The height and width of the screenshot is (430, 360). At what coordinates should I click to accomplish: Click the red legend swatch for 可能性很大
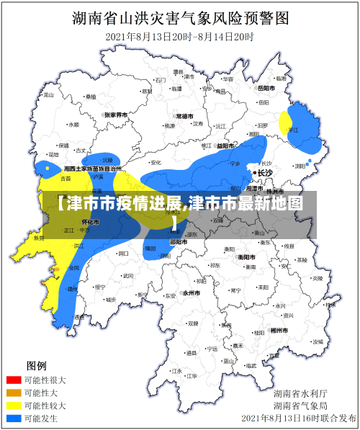tap(14, 380)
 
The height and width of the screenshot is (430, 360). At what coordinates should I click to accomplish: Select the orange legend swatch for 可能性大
tap(14, 393)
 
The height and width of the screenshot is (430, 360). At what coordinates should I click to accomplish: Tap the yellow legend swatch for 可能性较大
tap(14, 406)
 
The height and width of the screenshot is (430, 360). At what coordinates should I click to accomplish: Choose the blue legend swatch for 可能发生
tap(14, 418)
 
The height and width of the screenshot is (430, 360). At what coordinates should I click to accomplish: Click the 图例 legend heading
tap(37, 364)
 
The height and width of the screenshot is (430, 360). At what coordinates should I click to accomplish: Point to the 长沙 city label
tap(265, 173)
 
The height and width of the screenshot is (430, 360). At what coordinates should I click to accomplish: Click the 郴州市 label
tap(279, 329)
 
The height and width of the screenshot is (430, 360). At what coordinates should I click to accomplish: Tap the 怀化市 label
tap(91, 222)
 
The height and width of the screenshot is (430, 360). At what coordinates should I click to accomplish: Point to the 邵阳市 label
tap(178, 242)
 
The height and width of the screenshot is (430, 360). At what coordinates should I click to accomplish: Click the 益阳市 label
tap(225, 145)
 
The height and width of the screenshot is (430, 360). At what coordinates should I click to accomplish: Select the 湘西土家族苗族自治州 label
tap(91, 168)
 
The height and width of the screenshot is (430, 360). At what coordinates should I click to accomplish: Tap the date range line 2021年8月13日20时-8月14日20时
tap(180, 36)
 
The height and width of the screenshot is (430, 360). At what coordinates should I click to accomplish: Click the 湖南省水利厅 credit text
tap(300, 393)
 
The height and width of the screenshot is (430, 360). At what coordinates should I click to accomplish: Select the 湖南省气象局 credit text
tap(300, 406)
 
